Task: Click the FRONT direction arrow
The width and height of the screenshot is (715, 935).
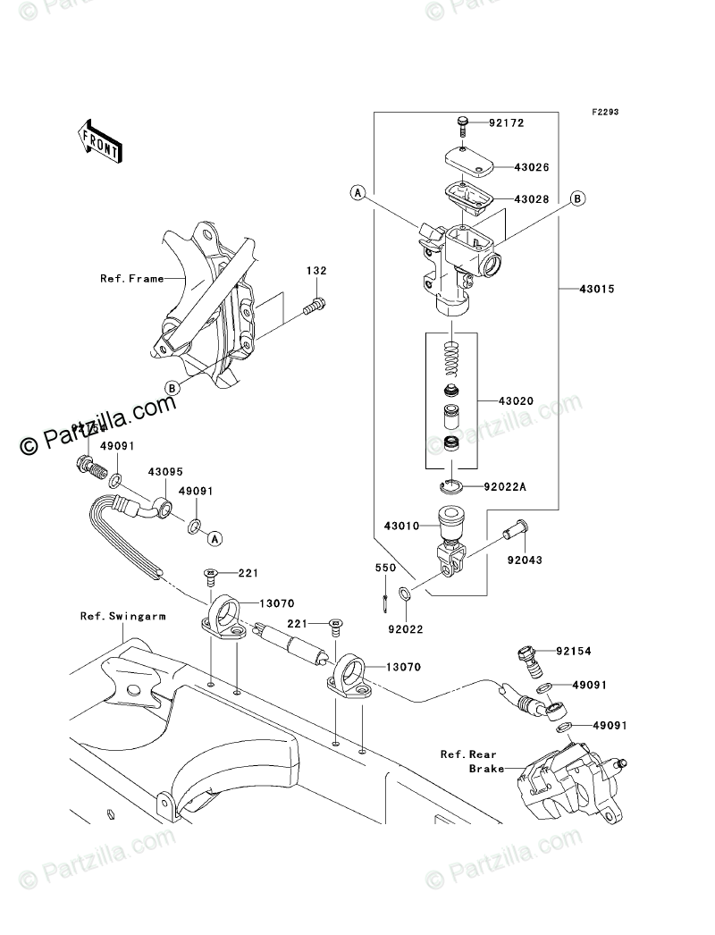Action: pos(99,139)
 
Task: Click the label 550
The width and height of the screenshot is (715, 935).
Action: pos(384,568)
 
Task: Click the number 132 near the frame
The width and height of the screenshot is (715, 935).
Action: pos(317,271)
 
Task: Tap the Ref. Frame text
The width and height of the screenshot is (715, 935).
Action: pos(132,279)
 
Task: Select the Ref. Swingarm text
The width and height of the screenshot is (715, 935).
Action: pos(115,615)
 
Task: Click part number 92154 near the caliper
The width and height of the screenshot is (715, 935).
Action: pos(575,652)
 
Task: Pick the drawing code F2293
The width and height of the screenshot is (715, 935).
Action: pos(604,114)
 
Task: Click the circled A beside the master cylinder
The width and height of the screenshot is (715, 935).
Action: pos(357,192)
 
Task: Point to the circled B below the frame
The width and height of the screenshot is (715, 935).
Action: pos(171,386)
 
